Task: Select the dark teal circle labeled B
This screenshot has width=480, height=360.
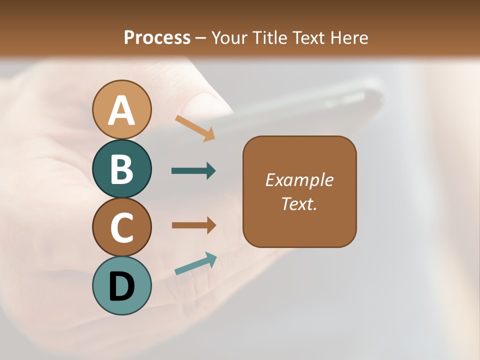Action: click(x=121, y=168)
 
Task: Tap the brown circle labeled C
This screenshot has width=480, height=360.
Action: click(x=121, y=227)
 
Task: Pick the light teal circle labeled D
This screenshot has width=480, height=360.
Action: click(x=121, y=285)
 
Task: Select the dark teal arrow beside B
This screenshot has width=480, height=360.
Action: click(x=193, y=171)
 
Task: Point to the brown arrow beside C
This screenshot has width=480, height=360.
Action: click(x=193, y=225)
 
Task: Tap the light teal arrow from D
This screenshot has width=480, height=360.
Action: click(x=195, y=264)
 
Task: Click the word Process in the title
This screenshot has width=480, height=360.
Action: click(x=157, y=37)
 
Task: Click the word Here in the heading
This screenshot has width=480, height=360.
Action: click(x=348, y=37)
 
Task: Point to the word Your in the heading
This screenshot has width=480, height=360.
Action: click(x=229, y=37)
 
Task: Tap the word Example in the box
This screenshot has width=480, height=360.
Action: click(x=299, y=180)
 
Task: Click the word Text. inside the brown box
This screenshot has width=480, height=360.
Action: click(x=299, y=203)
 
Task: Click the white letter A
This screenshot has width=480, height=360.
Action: click(x=121, y=111)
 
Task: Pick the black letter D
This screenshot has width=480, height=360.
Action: click(x=121, y=286)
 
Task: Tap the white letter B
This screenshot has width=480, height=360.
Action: click(x=121, y=169)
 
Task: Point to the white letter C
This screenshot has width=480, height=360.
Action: click(x=121, y=227)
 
